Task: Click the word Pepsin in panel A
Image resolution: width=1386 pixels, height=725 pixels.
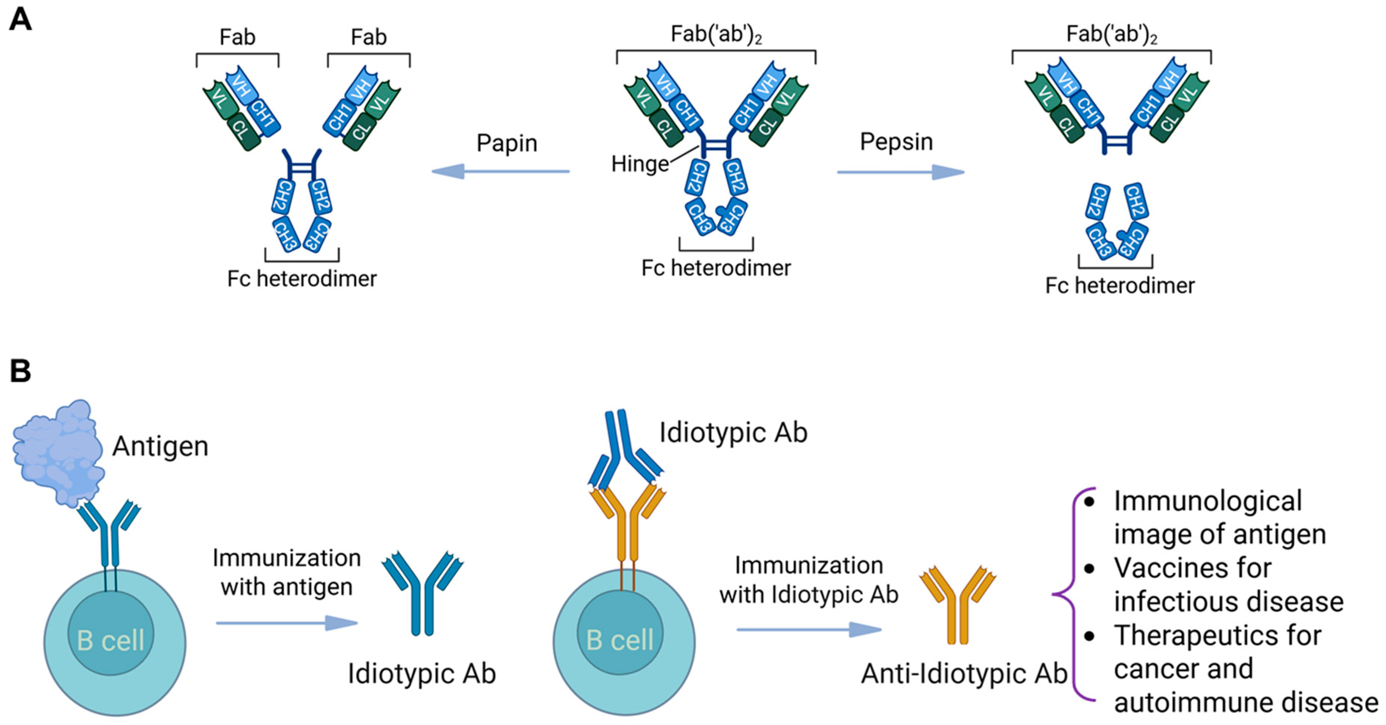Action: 896,142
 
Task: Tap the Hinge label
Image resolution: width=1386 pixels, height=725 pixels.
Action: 639,164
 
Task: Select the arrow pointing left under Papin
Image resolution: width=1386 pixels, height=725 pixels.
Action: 500,172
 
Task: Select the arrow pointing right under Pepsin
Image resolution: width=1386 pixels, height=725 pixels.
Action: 901,172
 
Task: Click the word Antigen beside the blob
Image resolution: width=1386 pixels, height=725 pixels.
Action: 160,446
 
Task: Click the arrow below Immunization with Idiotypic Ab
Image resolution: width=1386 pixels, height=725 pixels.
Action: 809,629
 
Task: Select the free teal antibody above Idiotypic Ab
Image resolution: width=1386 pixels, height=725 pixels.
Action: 423,592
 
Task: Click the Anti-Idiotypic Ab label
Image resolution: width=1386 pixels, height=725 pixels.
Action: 963,674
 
